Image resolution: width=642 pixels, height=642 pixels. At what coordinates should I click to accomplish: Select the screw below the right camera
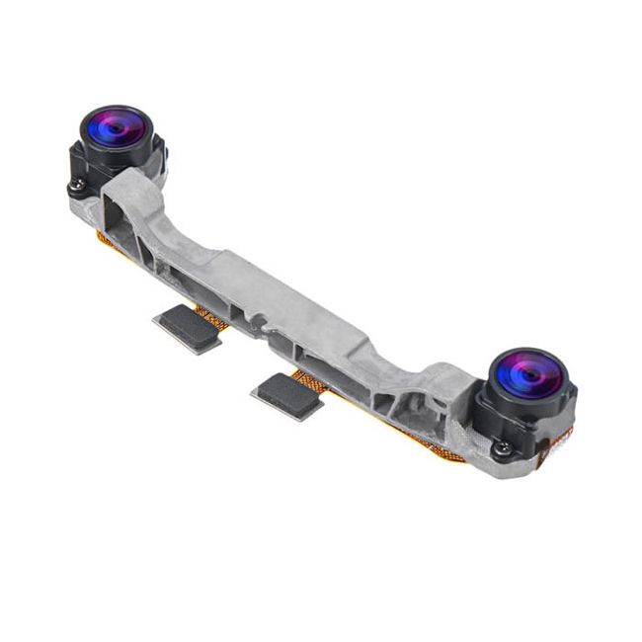[503, 448]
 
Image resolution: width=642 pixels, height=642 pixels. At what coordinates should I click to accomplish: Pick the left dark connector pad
[187, 327]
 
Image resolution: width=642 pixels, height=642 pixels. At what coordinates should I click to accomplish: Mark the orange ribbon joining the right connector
[311, 380]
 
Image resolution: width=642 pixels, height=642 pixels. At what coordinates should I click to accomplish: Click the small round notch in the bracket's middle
[258, 322]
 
